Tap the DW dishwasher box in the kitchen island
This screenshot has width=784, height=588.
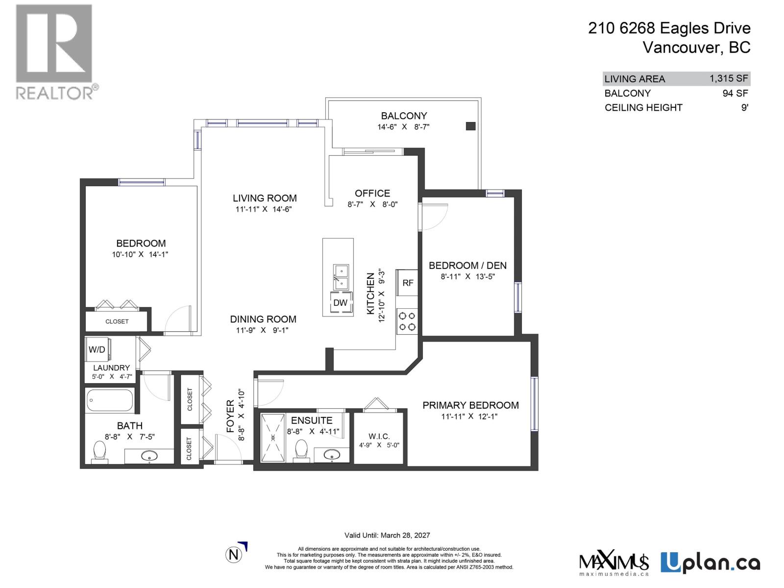(340, 303)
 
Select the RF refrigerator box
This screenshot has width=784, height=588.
(407, 283)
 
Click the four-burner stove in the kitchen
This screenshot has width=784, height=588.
(407, 321)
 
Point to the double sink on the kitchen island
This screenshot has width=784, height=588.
(341, 277)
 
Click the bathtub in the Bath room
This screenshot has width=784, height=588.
(109, 401)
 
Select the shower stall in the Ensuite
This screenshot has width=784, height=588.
(272, 437)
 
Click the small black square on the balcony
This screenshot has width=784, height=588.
(470, 126)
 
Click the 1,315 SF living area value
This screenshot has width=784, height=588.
(729, 78)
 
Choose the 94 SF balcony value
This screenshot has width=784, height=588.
(735, 93)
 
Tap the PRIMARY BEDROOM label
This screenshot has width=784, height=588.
(470, 405)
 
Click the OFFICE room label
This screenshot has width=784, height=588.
(372, 193)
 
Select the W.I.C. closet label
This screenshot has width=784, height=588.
(379, 436)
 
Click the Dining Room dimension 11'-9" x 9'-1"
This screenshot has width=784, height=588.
(263, 330)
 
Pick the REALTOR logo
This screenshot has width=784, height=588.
(55, 51)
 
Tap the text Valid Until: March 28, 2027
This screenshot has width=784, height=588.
(387, 535)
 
